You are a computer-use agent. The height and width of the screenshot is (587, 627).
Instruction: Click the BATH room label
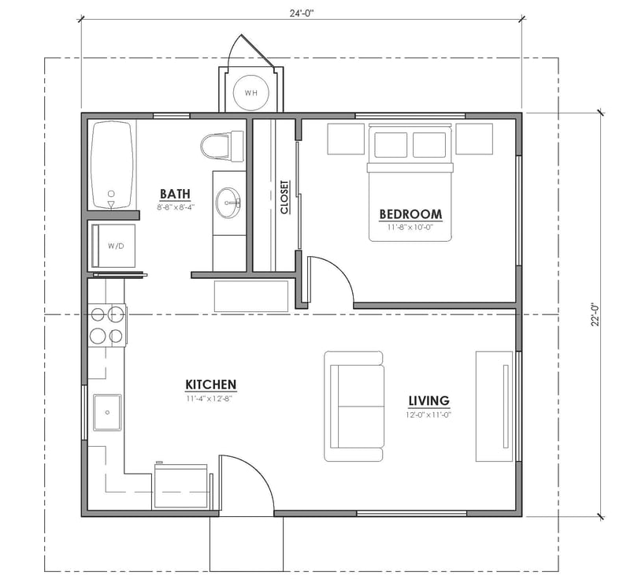coord(175,194)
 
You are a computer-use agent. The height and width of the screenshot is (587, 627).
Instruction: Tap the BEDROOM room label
coord(410,214)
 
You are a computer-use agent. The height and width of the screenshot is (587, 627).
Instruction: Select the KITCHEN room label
coord(210,385)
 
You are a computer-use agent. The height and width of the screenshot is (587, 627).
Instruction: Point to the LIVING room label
coord(428,400)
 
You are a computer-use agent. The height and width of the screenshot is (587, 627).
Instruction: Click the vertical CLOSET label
coord(284,198)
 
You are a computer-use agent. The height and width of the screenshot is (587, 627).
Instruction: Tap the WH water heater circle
coord(250,93)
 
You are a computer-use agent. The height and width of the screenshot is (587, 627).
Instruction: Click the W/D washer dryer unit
coord(115,246)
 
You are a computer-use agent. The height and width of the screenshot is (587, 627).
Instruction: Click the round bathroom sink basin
coord(229,202)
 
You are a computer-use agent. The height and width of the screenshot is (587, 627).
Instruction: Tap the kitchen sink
coord(107,412)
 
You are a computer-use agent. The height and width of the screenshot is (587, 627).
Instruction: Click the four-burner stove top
coord(106,324)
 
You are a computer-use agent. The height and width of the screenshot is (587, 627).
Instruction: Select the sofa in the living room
coord(354,407)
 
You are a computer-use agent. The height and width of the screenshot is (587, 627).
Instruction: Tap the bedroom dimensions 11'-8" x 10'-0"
coord(410,228)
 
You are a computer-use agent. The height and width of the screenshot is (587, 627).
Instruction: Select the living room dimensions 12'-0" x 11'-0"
coord(428,414)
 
